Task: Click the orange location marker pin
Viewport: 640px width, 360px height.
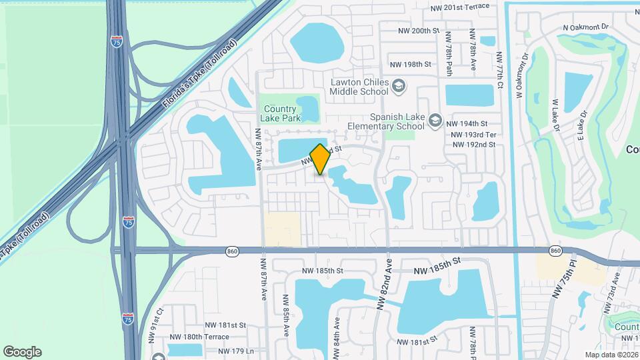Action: (x=320, y=159)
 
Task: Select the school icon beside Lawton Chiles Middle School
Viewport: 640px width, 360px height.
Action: (x=398, y=85)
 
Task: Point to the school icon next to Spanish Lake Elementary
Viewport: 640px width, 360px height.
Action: (x=435, y=120)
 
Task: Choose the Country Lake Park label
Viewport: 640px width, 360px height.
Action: (x=281, y=113)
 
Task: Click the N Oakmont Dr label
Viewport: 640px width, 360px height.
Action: (x=586, y=27)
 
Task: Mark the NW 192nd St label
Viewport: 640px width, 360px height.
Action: (x=474, y=145)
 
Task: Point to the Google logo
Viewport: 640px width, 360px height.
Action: (x=22, y=352)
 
